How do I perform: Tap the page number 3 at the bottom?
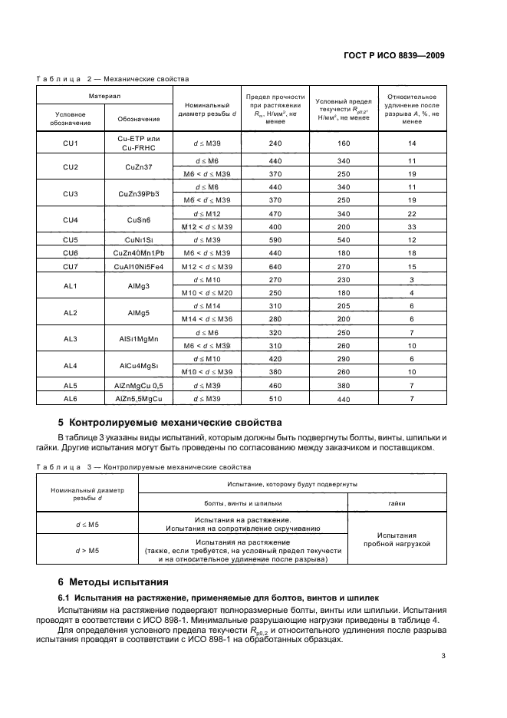point(443,656)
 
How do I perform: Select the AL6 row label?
point(71,399)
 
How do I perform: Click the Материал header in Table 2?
point(104,97)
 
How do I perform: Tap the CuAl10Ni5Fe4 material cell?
point(139,265)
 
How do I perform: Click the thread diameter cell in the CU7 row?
point(207,265)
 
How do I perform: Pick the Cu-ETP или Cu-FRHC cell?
point(139,142)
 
